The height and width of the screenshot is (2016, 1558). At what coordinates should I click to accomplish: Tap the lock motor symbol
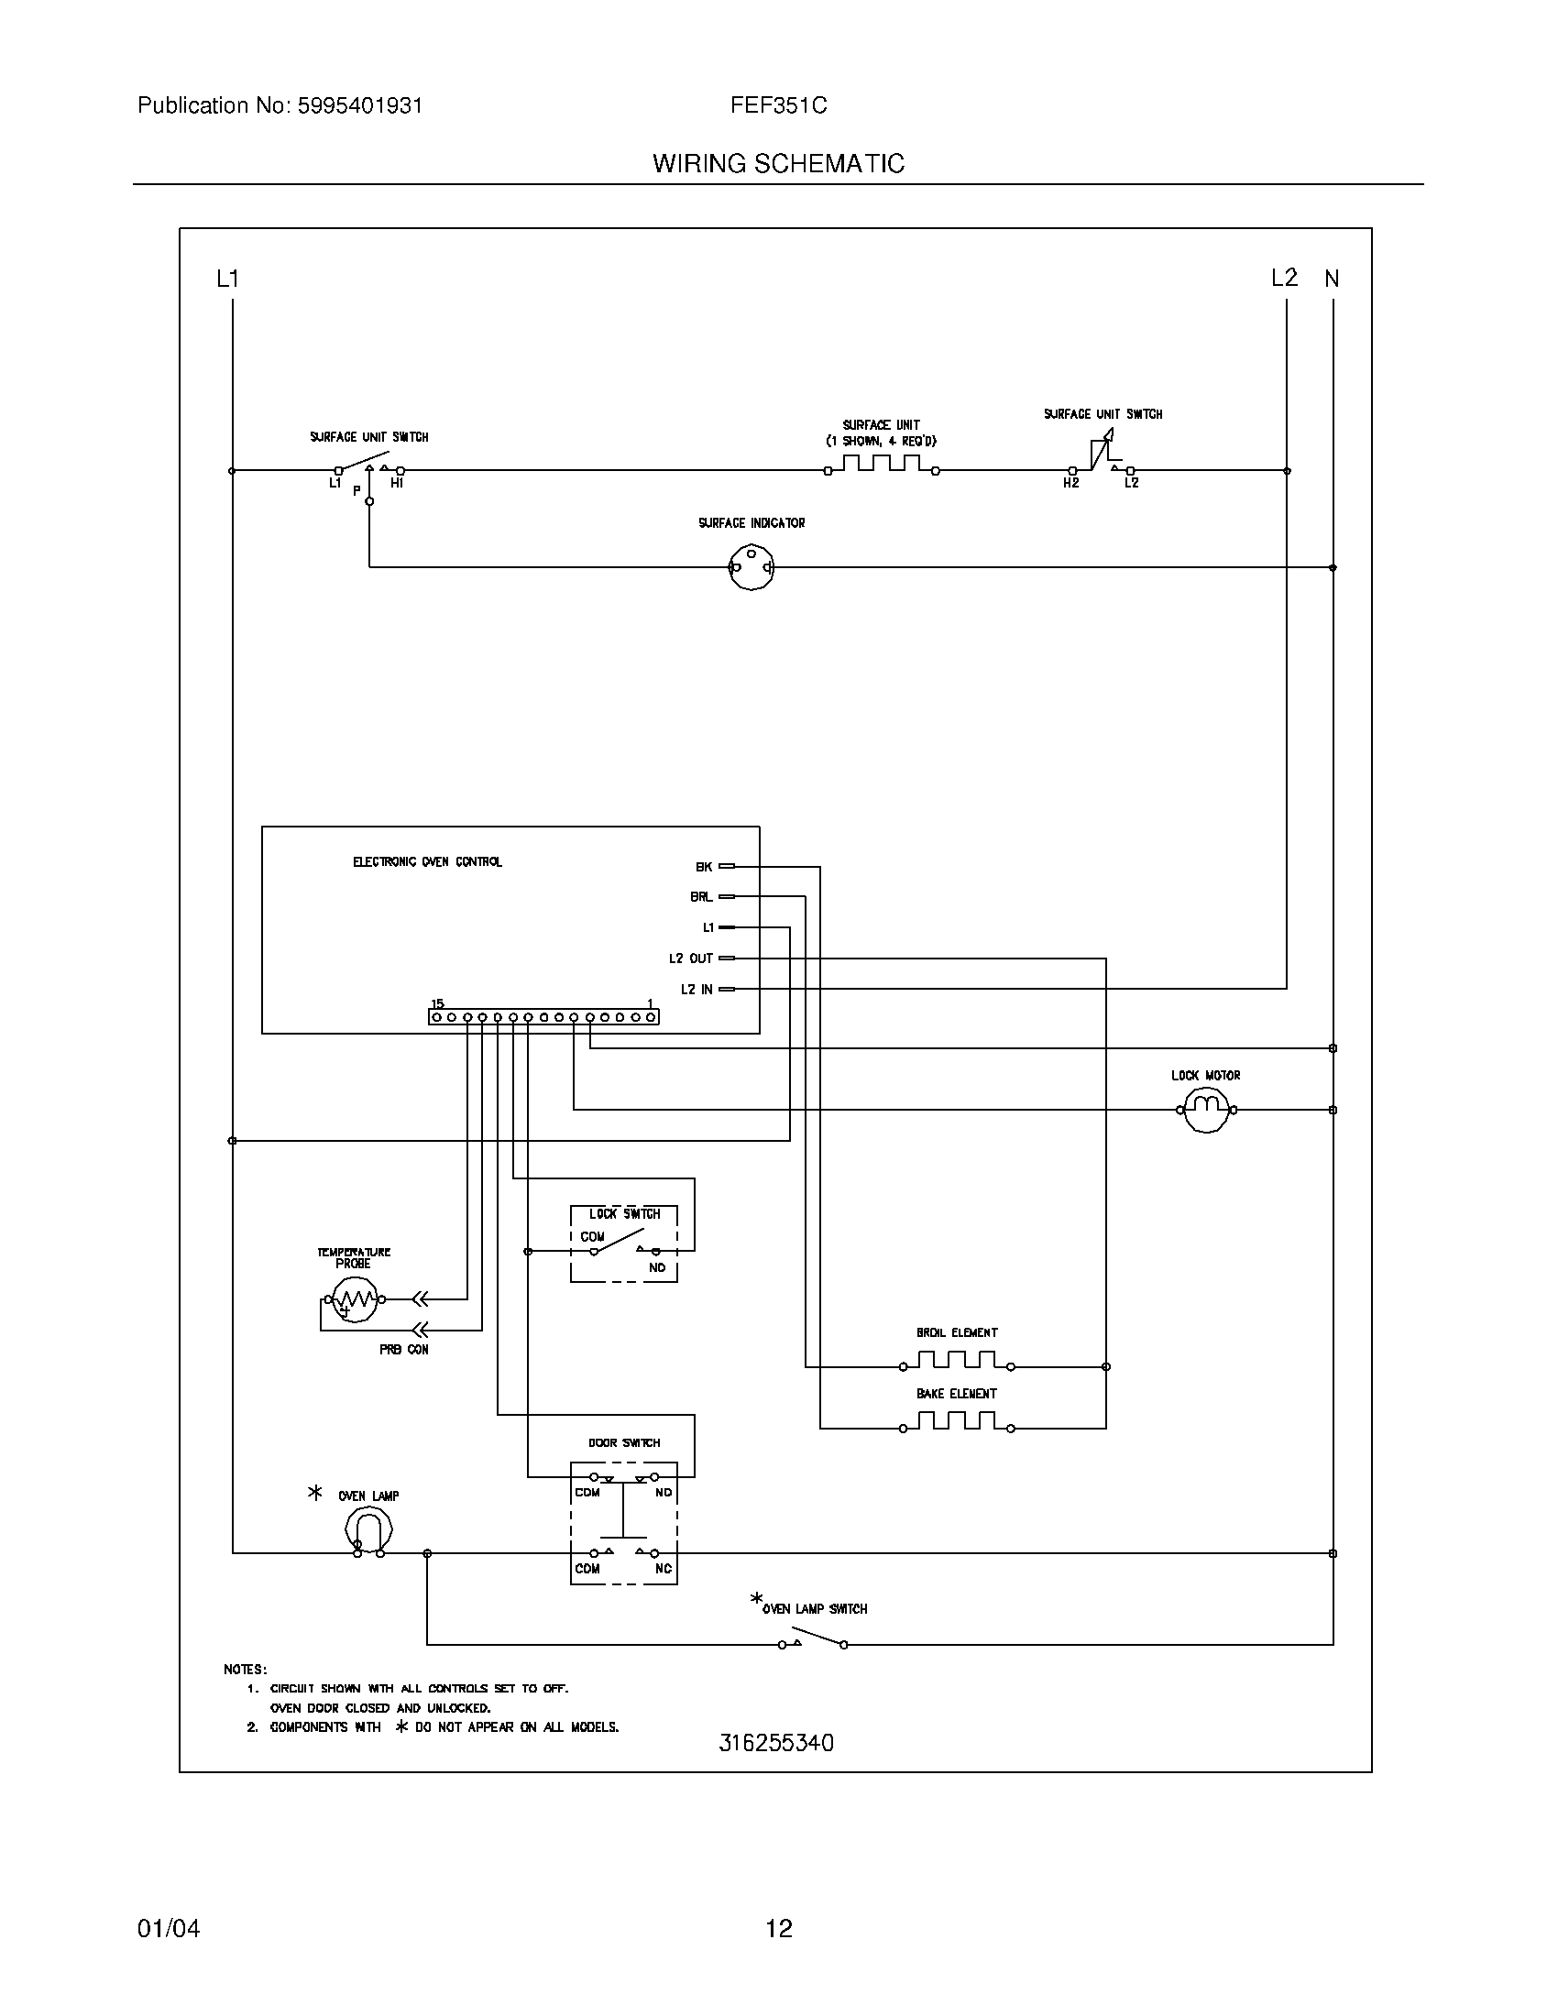click(1206, 1109)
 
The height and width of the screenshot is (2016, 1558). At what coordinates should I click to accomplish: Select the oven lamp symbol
click(368, 1533)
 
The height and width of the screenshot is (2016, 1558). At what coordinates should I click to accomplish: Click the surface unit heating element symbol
click(882, 465)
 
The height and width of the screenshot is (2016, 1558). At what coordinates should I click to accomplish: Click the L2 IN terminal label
click(697, 990)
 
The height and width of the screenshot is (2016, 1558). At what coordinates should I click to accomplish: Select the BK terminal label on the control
click(703, 867)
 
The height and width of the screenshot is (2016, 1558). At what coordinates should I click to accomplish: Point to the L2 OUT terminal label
click(690, 959)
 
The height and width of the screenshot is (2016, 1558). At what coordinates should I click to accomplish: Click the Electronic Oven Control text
click(427, 861)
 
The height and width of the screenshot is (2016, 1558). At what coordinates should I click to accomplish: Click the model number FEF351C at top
click(778, 106)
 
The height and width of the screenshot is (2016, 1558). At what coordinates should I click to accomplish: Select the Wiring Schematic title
click(778, 164)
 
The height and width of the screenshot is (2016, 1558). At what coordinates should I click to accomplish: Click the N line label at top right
click(1331, 279)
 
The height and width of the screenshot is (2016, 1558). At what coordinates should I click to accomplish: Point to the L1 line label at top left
click(227, 279)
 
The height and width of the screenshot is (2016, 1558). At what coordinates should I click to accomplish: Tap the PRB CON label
click(403, 1350)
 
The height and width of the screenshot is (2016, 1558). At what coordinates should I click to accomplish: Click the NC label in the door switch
click(663, 1568)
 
